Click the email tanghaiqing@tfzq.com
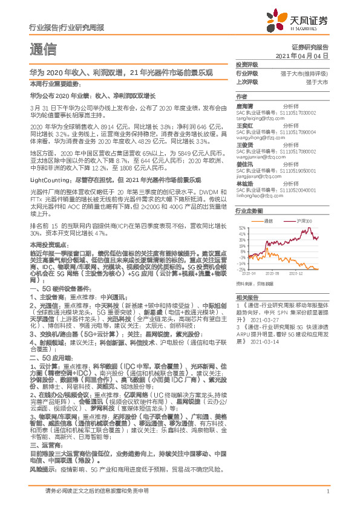click(x=257, y=119)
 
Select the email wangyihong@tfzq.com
click(x=257, y=138)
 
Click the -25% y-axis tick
click(x=241, y=270)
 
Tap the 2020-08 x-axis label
click(x=278, y=274)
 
